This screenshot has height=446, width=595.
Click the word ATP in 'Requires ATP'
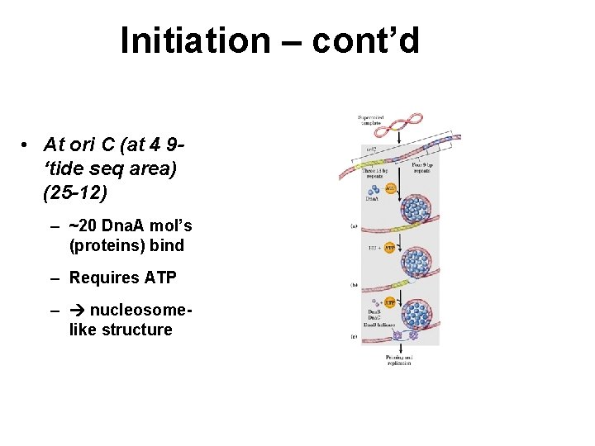tap(160, 278)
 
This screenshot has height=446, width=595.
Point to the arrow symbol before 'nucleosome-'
tap(78, 310)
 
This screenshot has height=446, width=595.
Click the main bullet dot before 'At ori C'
tap(27, 145)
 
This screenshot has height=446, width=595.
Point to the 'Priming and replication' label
tap(397, 360)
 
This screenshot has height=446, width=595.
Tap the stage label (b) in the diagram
tap(354, 284)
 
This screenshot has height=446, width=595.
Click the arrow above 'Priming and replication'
tap(398, 347)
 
